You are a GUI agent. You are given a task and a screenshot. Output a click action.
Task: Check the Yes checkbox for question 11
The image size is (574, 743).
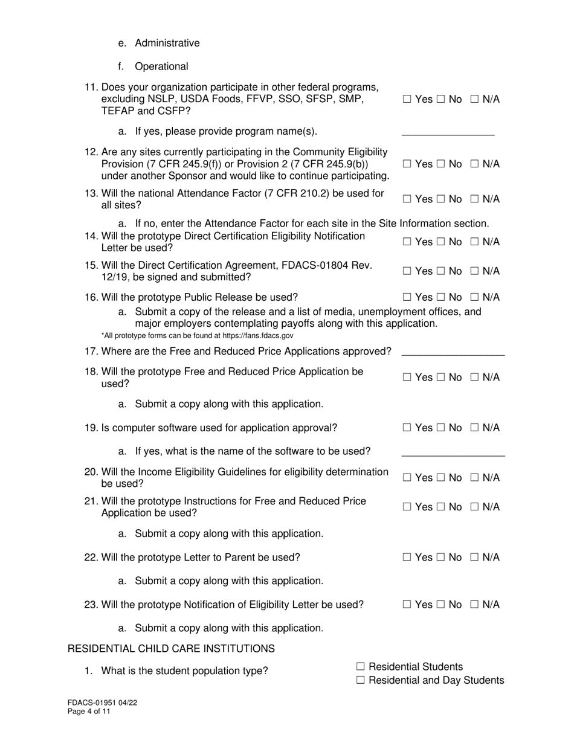pos(407,99)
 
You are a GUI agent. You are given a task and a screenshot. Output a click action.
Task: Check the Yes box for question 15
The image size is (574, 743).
pos(407,271)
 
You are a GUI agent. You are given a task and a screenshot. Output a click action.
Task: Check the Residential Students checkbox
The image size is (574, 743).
pos(361,666)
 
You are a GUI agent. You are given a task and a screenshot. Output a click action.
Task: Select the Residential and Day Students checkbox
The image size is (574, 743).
pos(361,680)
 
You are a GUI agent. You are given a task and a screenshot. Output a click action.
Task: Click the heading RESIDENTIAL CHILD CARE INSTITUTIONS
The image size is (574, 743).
pos(171,649)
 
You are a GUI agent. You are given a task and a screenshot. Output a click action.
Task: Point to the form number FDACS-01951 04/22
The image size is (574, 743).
pos(97,703)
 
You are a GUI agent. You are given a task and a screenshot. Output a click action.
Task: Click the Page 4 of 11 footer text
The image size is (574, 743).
pos(89,712)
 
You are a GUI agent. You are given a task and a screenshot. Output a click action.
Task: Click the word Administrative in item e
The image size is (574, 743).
pos(167,43)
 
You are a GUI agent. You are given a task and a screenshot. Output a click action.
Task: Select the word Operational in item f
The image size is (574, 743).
pos(161,66)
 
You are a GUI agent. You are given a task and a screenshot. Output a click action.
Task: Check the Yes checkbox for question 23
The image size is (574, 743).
pos(407,604)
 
